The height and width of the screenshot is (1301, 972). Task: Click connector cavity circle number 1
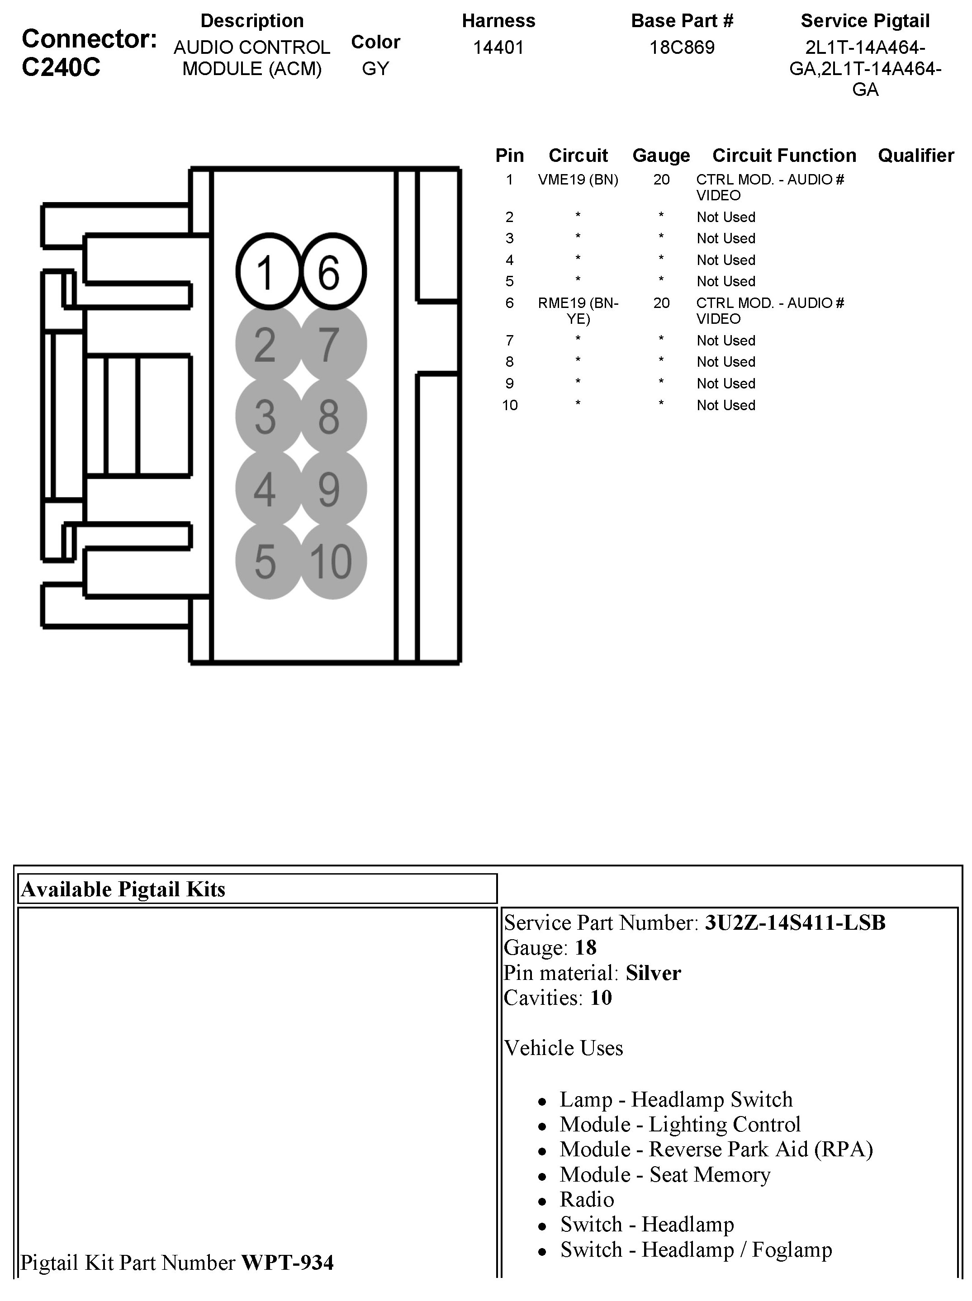pyautogui.click(x=268, y=272)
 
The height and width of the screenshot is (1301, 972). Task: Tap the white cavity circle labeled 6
pyautogui.click(x=333, y=272)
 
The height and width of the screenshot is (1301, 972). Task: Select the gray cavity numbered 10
pyautogui.click(x=333, y=561)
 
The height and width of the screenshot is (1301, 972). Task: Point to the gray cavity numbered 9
pyautogui.click(x=333, y=489)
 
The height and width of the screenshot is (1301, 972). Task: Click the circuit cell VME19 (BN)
pyautogui.click(x=578, y=180)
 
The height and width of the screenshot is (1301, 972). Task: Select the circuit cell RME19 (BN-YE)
pyautogui.click(x=578, y=311)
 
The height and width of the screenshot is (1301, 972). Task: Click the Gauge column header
pyautogui.click(x=661, y=155)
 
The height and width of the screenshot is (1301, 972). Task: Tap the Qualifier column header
pyautogui.click(x=915, y=155)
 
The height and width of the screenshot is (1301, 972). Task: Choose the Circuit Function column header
pyautogui.click(x=784, y=155)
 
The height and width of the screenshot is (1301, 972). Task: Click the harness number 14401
pyautogui.click(x=498, y=47)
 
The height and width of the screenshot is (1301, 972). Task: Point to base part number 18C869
pyautogui.click(x=682, y=47)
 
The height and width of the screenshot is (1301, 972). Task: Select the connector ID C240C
pyautogui.click(x=61, y=67)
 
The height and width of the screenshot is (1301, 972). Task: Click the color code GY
pyautogui.click(x=375, y=68)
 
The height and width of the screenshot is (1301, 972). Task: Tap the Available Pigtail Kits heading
pyautogui.click(x=123, y=889)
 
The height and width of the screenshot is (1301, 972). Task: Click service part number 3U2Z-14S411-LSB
pyautogui.click(x=795, y=923)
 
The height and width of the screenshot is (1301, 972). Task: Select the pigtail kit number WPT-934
pyautogui.click(x=287, y=1263)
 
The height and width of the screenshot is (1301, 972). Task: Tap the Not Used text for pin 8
pyautogui.click(x=725, y=362)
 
